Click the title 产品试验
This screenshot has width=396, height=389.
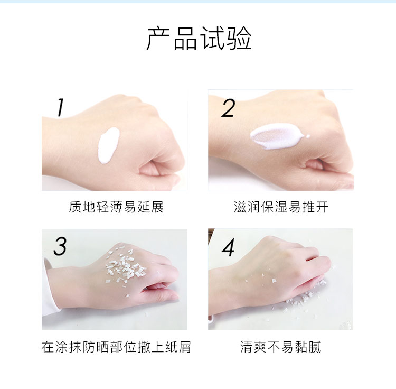click(x=199, y=39)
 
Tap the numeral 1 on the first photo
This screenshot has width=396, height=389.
click(x=60, y=107)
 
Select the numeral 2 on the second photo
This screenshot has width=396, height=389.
click(x=228, y=108)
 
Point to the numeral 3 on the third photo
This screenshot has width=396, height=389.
click(x=60, y=246)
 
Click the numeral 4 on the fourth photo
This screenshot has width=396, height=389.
click(x=228, y=247)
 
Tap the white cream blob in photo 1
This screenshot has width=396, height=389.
click(x=109, y=145)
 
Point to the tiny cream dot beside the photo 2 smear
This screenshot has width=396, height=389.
click(x=308, y=136)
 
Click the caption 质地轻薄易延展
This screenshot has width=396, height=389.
click(x=117, y=207)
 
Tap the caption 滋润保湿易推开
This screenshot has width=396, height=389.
click(x=281, y=207)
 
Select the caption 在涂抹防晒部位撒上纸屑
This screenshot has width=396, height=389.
click(x=116, y=347)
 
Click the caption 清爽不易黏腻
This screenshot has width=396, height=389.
click(x=281, y=347)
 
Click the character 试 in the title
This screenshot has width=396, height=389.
click(x=212, y=39)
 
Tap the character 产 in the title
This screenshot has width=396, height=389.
click(x=159, y=39)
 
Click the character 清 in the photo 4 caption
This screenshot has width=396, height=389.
click(x=247, y=347)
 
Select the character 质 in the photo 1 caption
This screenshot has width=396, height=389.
click(x=76, y=207)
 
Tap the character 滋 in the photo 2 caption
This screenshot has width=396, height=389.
click(x=240, y=207)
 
